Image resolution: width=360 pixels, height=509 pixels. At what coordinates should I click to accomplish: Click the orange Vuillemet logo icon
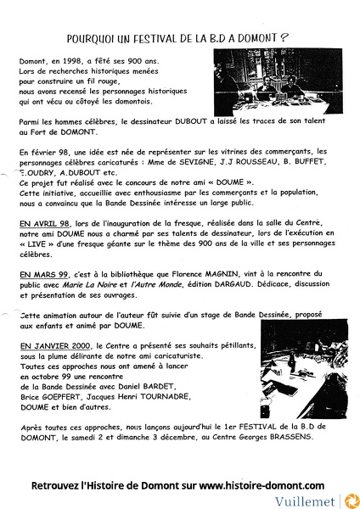pos(349,500)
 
